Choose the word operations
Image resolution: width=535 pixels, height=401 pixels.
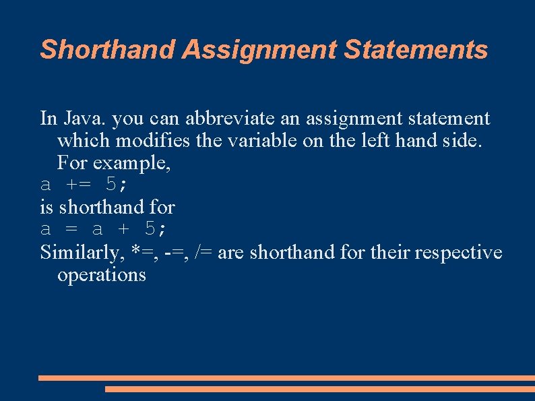[x=102, y=275]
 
